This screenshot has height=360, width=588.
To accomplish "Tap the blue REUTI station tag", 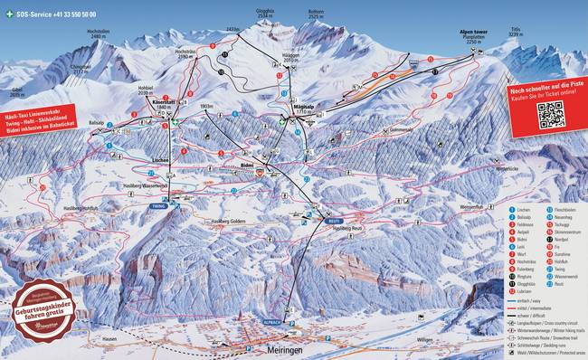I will [334, 219].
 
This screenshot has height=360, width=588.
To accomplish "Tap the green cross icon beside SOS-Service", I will [9, 15].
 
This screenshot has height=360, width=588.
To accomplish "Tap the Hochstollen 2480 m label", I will [97, 33].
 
